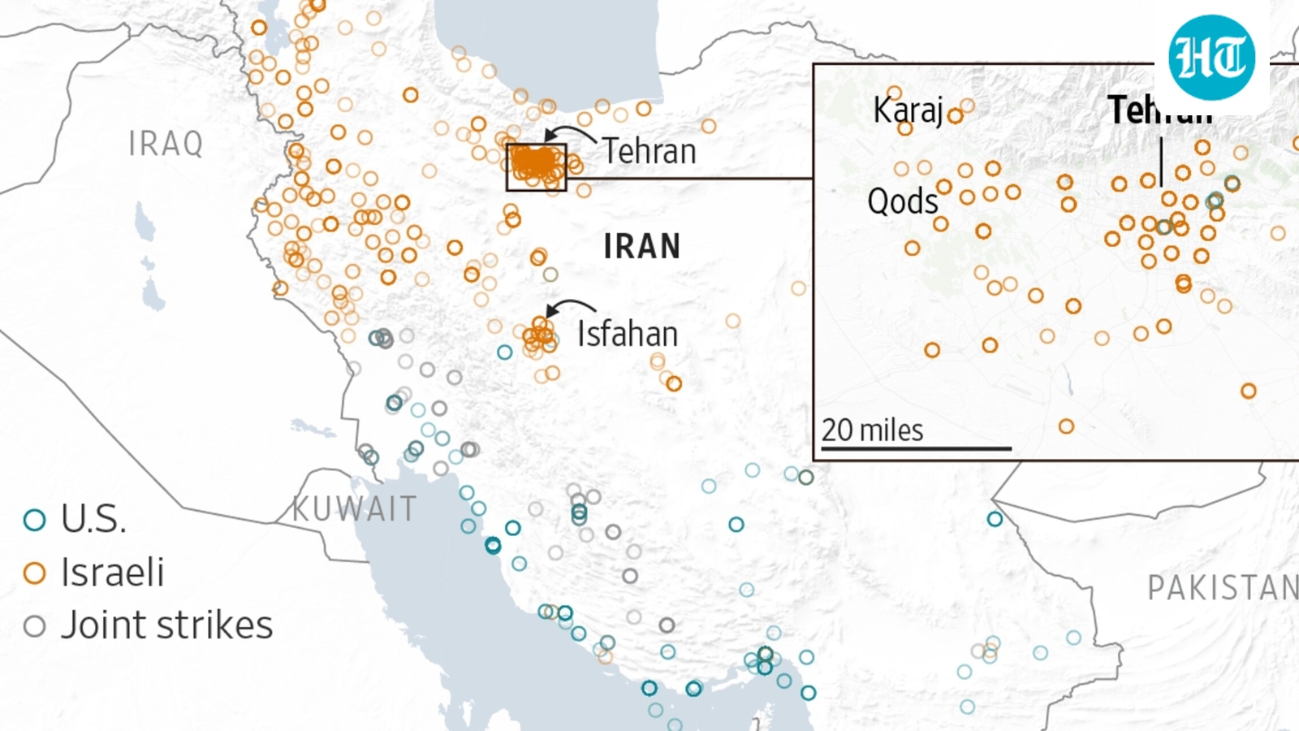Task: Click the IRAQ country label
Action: point(166,144)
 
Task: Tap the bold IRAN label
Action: point(641,246)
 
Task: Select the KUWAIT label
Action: point(355,509)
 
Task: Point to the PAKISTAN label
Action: point(1222,587)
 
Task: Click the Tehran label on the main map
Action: point(649,151)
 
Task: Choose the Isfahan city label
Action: point(627,334)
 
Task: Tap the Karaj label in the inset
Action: point(907,110)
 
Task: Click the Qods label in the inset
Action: point(902,201)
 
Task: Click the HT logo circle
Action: point(1211,58)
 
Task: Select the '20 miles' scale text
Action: point(872,430)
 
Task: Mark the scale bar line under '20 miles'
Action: point(916,448)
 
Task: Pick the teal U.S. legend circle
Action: point(34,520)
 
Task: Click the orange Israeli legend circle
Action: point(34,573)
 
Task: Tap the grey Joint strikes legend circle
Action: point(34,626)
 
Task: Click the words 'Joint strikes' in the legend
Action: point(166,625)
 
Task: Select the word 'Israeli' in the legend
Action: point(112,573)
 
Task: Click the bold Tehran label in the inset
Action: point(1159,110)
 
